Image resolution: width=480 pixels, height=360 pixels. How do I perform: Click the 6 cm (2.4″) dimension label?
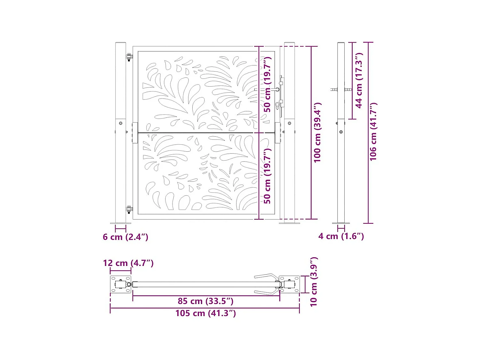pyautogui.click(x=125, y=237)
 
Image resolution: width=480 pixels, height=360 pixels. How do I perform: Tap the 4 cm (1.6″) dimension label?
pyautogui.click(x=341, y=236)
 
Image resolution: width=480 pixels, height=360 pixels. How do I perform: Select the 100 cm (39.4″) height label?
pyautogui.click(x=317, y=132)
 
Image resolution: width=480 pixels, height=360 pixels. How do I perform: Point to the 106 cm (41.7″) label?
pyautogui.click(x=373, y=132)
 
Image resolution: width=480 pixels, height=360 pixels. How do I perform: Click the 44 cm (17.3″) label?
pyautogui.click(x=359, y=81)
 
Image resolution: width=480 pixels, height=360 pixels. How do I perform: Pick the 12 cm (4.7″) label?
pyautogui.click(x=128, y=263)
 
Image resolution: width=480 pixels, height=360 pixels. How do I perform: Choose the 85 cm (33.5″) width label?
pyautogui.click(x=205, y=301)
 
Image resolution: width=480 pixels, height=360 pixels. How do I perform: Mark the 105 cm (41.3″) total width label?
pyautogui.click(x=205, y=313)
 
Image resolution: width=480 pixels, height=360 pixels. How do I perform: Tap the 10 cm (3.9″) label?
pyautogui.click(x=314, y=282)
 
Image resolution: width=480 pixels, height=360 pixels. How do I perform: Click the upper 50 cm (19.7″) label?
pyautogui.click(x=267, y=84)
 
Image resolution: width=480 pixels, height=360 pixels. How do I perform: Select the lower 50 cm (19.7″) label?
pyautogui.click(x=267, y=176)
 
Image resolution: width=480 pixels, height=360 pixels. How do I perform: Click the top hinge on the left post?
pyautogui.click(x=129, y=57)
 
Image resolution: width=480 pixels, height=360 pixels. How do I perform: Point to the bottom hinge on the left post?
pyautogui.click(x=129, y=210)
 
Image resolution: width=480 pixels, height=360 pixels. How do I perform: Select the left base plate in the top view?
pyautogui.click(x=121, y=284)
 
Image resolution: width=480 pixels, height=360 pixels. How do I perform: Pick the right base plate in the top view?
pyautogui.click(x=290, y=284)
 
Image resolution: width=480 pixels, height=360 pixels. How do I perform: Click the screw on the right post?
pyautogui.click(x=290, y=123)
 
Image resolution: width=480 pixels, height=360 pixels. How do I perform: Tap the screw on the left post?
pyautogui.click(x=121, y=123)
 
